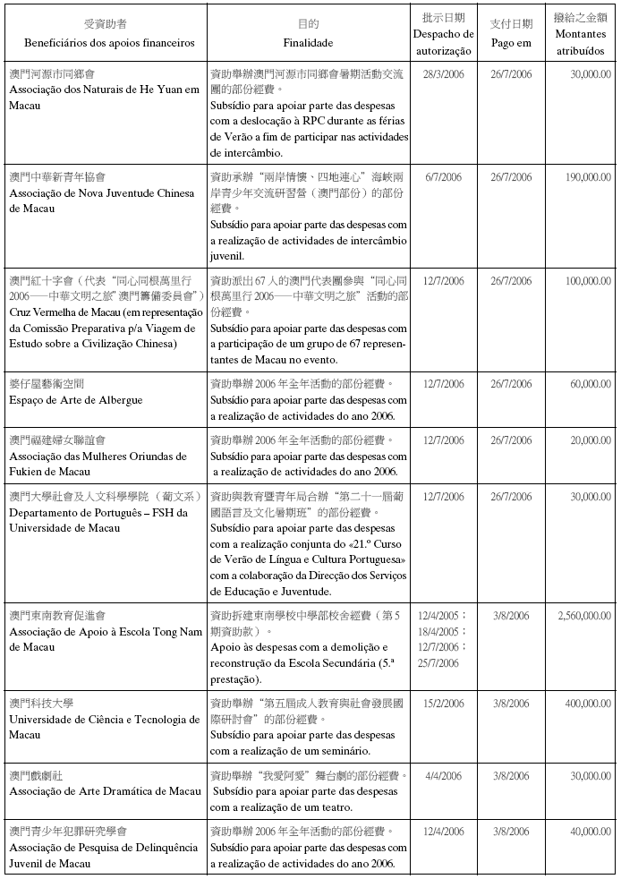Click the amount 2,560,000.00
pos(583,617)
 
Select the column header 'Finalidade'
pos(308,42)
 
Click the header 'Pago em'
pos(511,42)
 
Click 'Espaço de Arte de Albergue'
pos(76,400)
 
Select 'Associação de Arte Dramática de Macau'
pos(106,791)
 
